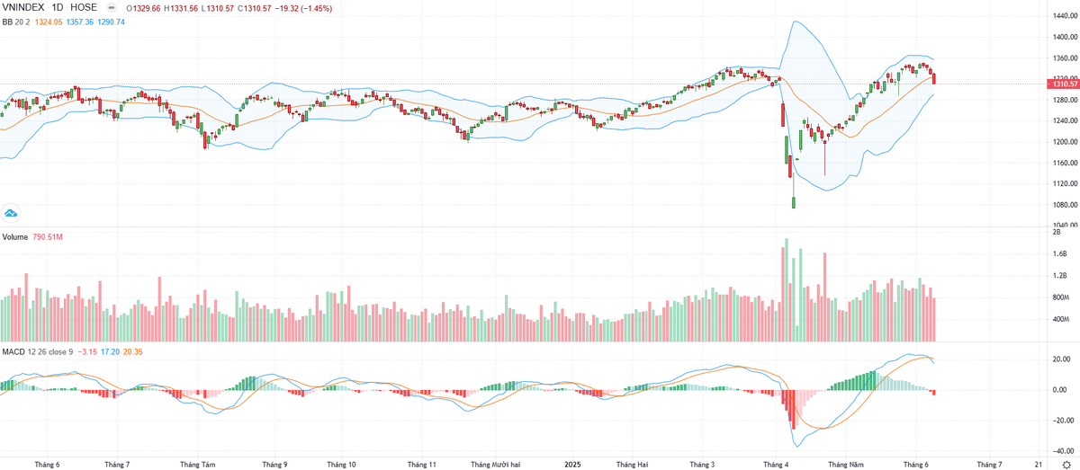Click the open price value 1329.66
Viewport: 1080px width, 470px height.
pos(148,7)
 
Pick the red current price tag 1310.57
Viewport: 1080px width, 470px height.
pos(1061,84)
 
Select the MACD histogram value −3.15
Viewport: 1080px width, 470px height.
pos(87,350)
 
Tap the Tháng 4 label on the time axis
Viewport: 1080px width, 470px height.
pos(775,465)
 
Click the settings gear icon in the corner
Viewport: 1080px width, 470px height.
pos(1066,465)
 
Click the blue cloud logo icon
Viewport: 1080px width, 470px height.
pos(11,214)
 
